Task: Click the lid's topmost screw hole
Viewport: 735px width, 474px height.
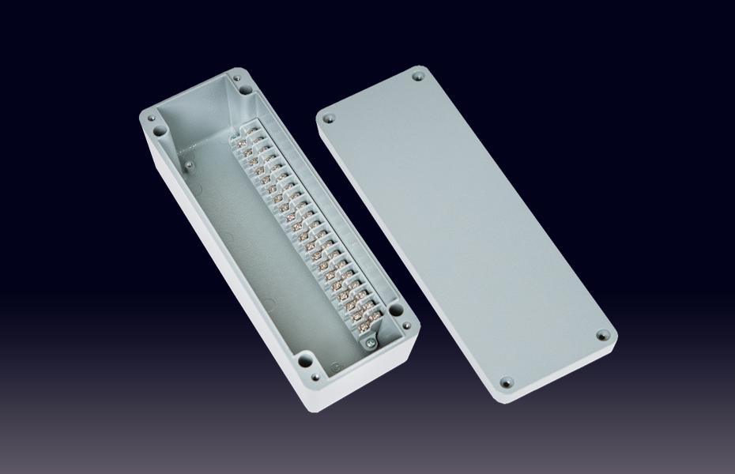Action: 417,77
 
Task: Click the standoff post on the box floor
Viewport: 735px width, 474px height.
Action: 190,165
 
